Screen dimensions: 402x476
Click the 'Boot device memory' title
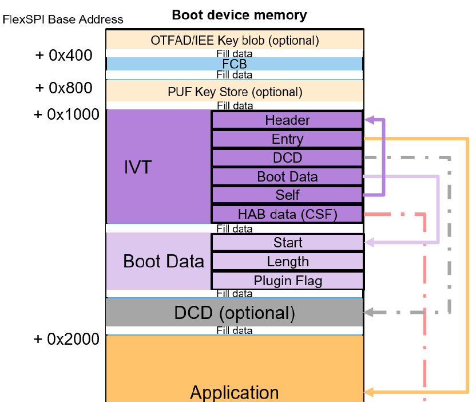(x=239, y=15)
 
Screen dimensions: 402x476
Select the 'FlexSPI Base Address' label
(x=63, y=19)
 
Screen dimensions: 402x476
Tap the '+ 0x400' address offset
(x=63, y=56)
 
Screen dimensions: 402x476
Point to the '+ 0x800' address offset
(x=63, y=88)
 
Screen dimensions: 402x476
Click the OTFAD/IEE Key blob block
(x=235, y=40)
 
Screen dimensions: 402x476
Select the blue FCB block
(x=235, y=64)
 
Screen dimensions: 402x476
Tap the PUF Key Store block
(x=235, y=92)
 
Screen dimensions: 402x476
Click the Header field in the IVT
(x=287, y=120)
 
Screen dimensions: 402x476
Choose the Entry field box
(x=287, y=139)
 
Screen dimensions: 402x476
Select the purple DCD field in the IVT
(x=287, y=158)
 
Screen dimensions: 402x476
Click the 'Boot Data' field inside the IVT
(x=287, y=177)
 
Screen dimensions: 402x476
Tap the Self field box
(x=287, y=195)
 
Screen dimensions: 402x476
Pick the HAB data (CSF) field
(x=287, y=214)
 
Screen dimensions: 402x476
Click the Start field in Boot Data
(x=287, y=243)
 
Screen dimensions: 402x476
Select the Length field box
(x=287, y=262)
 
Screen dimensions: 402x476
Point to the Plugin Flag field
(x=287, y=281)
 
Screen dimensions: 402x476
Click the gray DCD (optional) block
(x=235, y=313)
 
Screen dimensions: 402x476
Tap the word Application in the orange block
(x=235, y=393)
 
